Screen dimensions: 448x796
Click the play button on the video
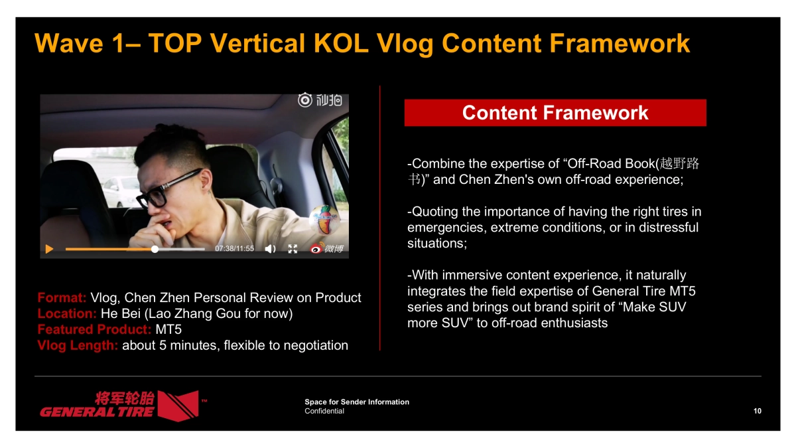click(49, 249)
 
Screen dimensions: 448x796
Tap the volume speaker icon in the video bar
click(270, 249)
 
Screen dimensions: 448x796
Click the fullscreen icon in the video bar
click(293, 249)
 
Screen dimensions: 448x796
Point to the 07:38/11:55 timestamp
click(234, 249)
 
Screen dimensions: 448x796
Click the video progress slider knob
click(155, 250)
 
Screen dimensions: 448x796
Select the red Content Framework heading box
click(555, 113)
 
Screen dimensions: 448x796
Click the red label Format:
click(62, 297)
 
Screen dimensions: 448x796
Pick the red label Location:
click(67, 313)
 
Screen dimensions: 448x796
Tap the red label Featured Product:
click(94, 329)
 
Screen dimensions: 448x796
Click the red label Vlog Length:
click(78, 345)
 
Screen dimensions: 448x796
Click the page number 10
click(758, 411)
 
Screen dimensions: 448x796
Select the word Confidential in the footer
click(324, 411)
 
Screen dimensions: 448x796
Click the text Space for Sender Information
click(357, 402)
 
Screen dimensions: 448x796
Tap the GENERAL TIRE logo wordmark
click(97, 411)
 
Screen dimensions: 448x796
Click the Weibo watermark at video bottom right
click(327, 249)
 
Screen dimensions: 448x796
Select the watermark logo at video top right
click(320, 100)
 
